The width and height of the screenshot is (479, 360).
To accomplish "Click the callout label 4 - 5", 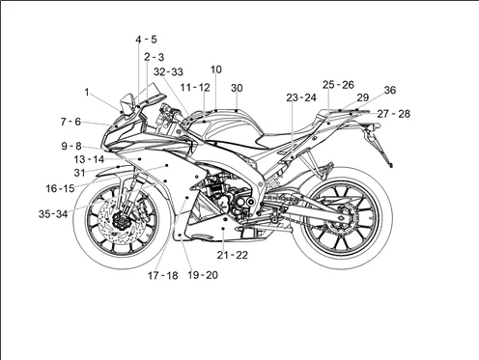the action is (146, 40).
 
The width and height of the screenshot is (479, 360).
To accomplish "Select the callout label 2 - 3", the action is (155, 57).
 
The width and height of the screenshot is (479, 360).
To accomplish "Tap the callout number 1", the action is (87, 93).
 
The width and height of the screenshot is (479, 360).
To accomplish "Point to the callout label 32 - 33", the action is (168, 71).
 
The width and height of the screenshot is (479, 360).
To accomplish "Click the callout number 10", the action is (216, 69).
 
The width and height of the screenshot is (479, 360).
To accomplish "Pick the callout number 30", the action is (237, 88).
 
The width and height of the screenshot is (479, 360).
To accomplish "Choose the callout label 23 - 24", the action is (301, 97).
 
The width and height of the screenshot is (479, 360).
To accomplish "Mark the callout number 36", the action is (390, 90).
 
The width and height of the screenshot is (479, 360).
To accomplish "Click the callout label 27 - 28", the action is (394, 114).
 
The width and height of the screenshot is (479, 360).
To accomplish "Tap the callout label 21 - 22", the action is (233, 255).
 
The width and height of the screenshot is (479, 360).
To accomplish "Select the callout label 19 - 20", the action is (203, 275).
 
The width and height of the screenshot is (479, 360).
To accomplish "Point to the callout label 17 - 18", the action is (163, 276).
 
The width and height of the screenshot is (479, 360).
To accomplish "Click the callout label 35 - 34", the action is (53, 214).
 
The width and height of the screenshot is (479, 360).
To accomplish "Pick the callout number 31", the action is (79, 173).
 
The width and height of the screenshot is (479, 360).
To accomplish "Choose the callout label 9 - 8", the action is (71, 146).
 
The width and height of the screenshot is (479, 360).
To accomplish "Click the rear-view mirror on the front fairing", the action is (127, 103).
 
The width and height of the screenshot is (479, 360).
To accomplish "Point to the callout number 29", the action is (363, 97).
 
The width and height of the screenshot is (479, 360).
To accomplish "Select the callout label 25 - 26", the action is (338, 85).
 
